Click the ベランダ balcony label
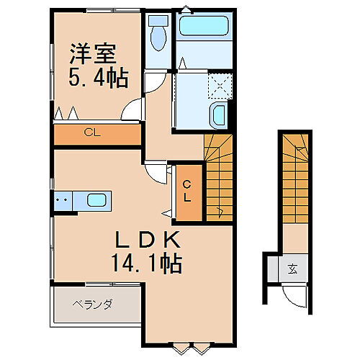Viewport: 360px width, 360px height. pos(92,305)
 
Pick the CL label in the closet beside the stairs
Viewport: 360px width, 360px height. pos(186,190)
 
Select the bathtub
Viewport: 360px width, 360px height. pos(202,26)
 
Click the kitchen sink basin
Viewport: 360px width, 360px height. pos(96,200)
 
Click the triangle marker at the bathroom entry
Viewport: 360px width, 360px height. pos(183,63)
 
